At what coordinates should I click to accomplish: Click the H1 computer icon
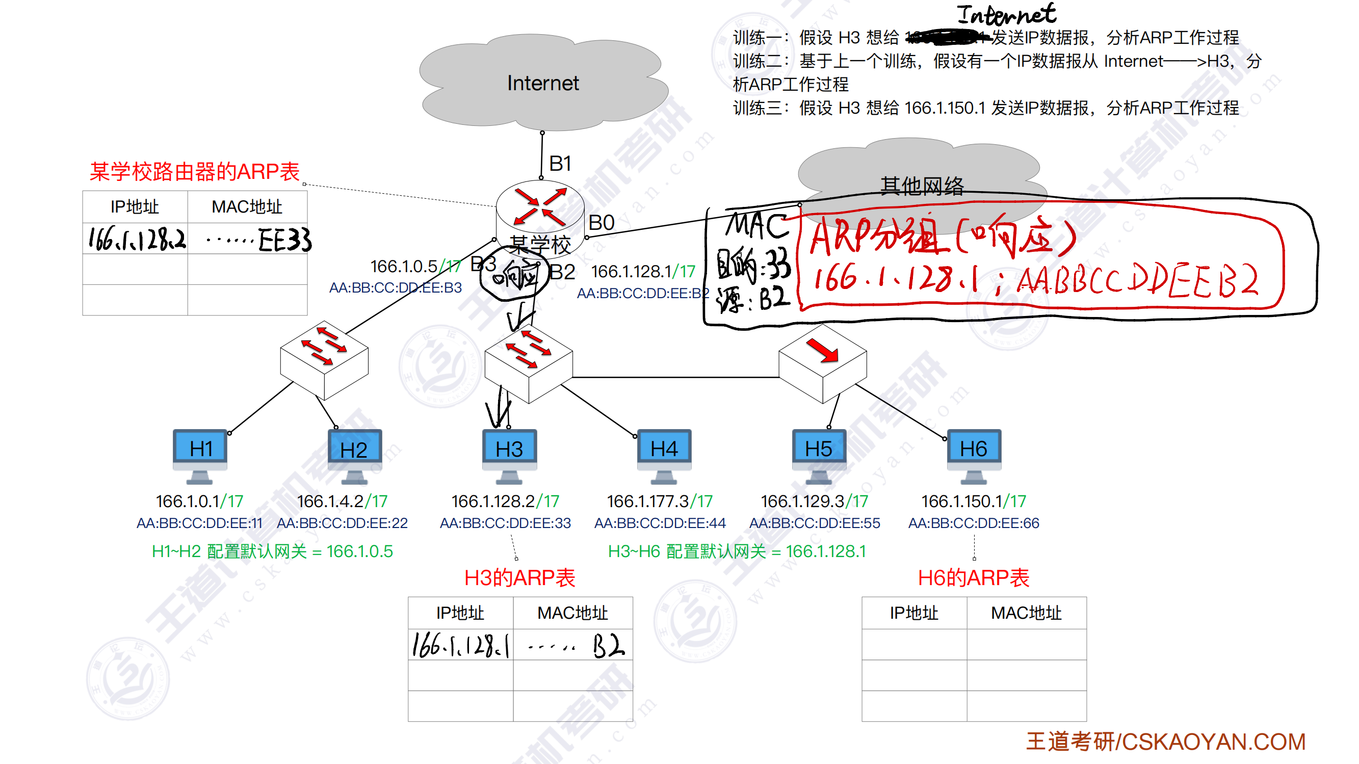coord(200,454)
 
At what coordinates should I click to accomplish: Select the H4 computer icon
coord(664,454)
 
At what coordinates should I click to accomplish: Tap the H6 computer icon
coord(973,454)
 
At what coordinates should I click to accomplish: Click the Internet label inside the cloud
coord(542,84)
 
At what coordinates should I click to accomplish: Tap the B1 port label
coord(560,164)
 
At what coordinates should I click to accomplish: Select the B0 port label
coord(601,223)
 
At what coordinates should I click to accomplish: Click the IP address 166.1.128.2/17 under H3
coord(505,500)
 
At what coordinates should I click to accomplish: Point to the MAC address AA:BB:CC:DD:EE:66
coord(973,523)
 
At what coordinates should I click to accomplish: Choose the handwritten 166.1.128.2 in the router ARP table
coord(137,240)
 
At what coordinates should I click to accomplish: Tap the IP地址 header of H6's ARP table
coord(914,613)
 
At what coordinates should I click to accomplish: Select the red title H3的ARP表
coord(519,578)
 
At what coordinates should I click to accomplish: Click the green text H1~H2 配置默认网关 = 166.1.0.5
coord(272,551)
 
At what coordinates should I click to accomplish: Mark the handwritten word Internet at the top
coord(1006,15)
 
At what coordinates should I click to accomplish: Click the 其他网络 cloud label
coord(921,186)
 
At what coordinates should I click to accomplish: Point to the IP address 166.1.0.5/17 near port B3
coord(415,267)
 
